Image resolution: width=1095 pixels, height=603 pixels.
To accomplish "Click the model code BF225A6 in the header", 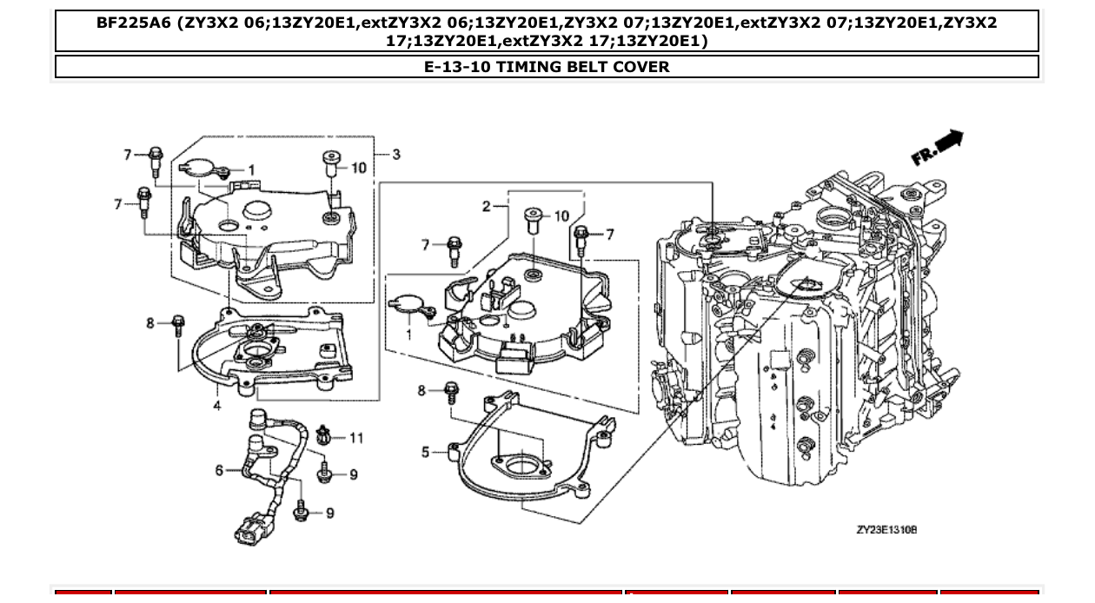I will [133, 23].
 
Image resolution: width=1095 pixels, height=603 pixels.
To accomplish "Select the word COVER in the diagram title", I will [642, 67].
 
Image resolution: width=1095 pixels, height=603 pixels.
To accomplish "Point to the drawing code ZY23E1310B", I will [886, 529].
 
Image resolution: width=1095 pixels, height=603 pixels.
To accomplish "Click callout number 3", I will [396, 155].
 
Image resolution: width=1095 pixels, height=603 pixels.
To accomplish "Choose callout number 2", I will [488, 206].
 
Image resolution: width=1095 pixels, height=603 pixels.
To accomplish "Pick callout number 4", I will [217, 405].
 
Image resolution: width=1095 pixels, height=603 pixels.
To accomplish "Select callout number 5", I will [426, 452].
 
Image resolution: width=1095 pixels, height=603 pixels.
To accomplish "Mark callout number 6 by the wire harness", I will [220, 470].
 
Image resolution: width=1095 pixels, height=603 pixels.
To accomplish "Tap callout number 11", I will [356, 438].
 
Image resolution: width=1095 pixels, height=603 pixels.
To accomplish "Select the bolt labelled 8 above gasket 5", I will [452, 393].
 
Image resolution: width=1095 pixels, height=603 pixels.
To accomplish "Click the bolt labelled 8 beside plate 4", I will [179, 325].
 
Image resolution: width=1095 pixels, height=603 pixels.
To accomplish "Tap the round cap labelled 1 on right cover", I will [407, 304].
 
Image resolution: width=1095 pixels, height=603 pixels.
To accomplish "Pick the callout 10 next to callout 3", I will [359, 168].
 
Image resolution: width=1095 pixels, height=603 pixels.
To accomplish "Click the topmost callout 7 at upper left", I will [128, 155].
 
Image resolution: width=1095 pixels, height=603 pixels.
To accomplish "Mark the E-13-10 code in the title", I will [456, 67].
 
